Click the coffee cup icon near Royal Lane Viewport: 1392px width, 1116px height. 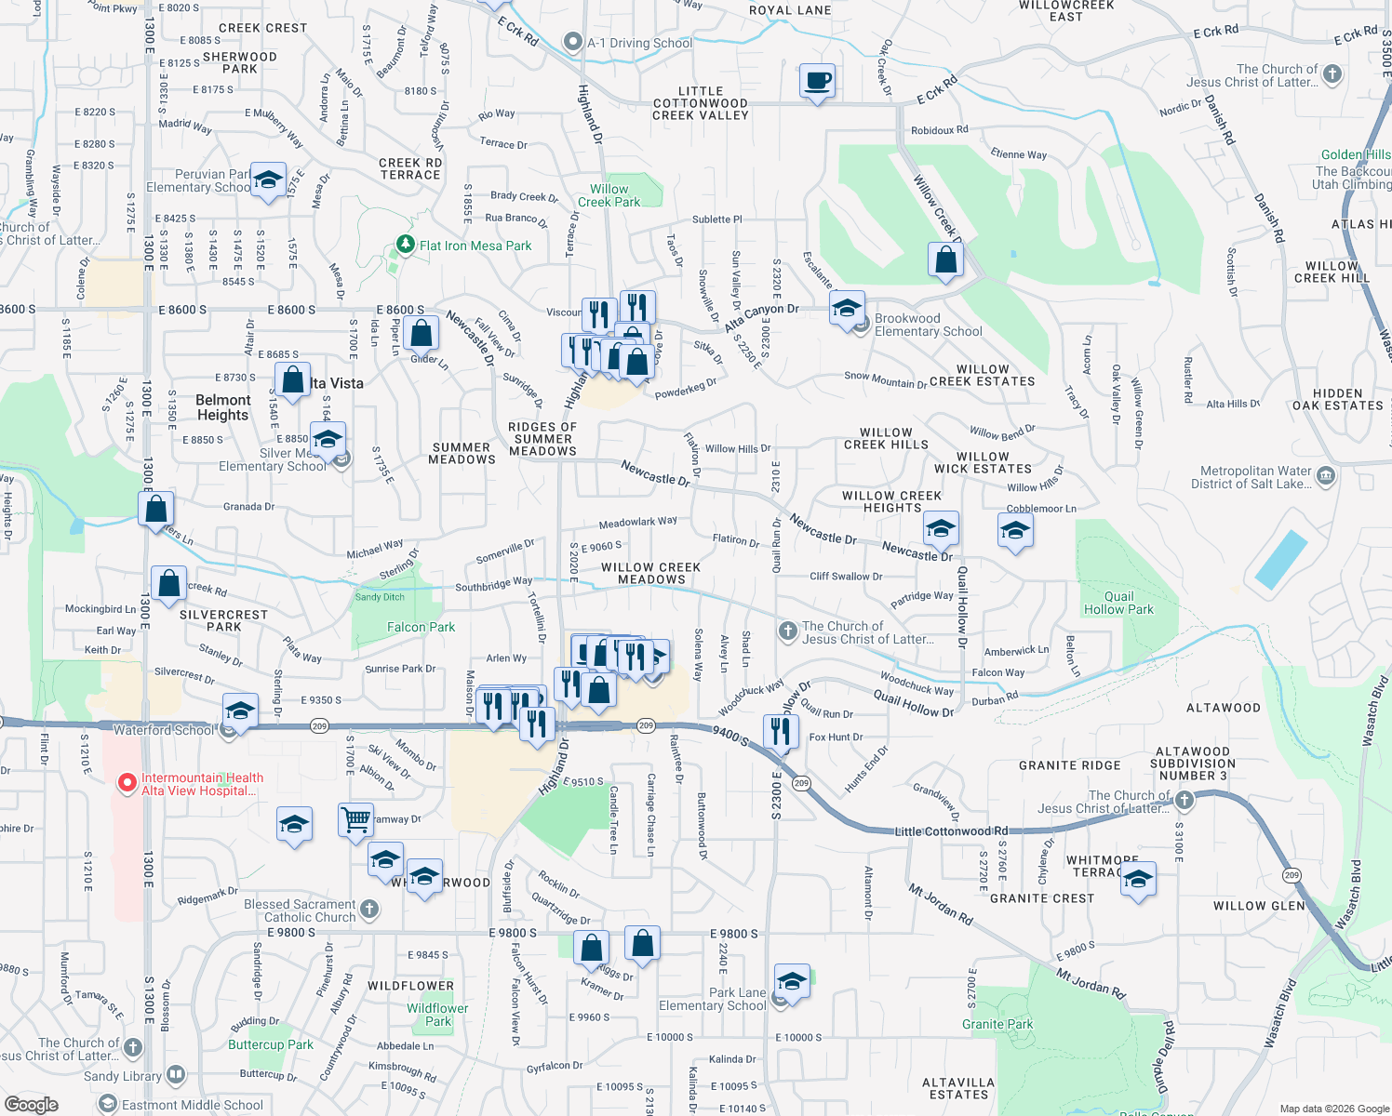tap(817, 81)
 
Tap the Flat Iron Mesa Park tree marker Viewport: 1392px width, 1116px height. tap(405, 245)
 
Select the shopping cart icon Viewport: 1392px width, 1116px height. tap(355, 820)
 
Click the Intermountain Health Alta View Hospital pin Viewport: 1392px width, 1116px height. tap(127, 783)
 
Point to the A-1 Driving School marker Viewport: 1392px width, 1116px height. tap(573, 42)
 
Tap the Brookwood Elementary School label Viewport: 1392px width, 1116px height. tap(928, 325)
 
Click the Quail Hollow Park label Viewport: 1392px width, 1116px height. tap(1118, 603)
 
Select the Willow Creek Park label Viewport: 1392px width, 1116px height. tap(609, 195)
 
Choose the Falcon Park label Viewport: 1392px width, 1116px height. tap(421, 627)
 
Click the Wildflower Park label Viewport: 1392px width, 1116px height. tap(437, 1015)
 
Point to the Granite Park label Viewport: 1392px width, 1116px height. tap(997, 1024)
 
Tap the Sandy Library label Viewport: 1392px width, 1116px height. tap(123, 1076)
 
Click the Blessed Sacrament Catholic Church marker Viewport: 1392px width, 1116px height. tap(369, 909)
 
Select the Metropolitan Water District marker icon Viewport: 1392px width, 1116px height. tap(1326, 476)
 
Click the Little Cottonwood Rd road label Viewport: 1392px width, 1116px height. tap(951, 830)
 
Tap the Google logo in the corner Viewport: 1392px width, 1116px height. tap(31, 1104)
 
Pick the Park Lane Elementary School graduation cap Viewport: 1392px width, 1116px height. tap(791, 980)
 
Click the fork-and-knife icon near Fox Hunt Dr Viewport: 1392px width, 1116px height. tap(781, 731)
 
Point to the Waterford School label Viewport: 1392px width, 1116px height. tap(164, 730)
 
